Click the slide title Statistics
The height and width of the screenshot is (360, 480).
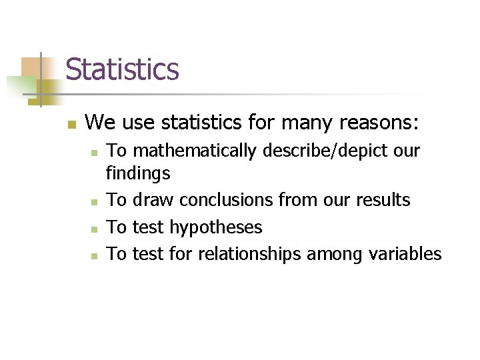(x=123, y=69)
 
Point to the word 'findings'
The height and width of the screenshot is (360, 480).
(x=139, y=175)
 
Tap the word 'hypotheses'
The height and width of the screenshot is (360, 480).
(x=215, y=227)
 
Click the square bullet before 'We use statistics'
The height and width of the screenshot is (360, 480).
(x=71, y=124)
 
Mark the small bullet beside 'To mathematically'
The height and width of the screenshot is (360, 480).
(x=96, y=153)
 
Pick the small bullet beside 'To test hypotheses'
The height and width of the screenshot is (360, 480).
(x=96, y=229)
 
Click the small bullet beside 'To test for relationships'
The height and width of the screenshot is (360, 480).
(x=96, y=255)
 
